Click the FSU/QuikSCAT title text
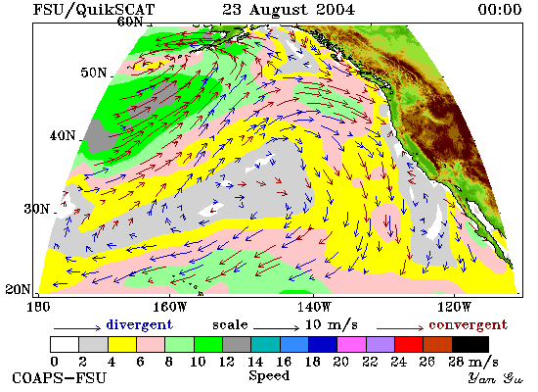click(94, 10)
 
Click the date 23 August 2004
click(289, 9)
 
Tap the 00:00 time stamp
click(500, 9)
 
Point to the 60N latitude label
click(130, 22)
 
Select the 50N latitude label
click(94, 73)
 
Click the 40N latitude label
click(63, 136)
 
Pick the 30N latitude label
click(37, 209)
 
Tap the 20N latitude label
click(18, 289)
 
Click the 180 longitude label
click(38, 307)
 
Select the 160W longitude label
click(169, 307)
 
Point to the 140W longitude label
click(313, 307)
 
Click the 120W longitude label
click(454, 307)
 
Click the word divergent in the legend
click(139, 325)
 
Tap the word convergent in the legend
click(468, 325)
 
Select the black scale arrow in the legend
click(277, 328)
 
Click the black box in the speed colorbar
click(471, 345)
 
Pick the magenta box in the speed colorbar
click(352, 345)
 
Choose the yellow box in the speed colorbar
click(122, 345)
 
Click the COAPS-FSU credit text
click(60, 378)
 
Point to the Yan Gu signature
click(496, 378)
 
